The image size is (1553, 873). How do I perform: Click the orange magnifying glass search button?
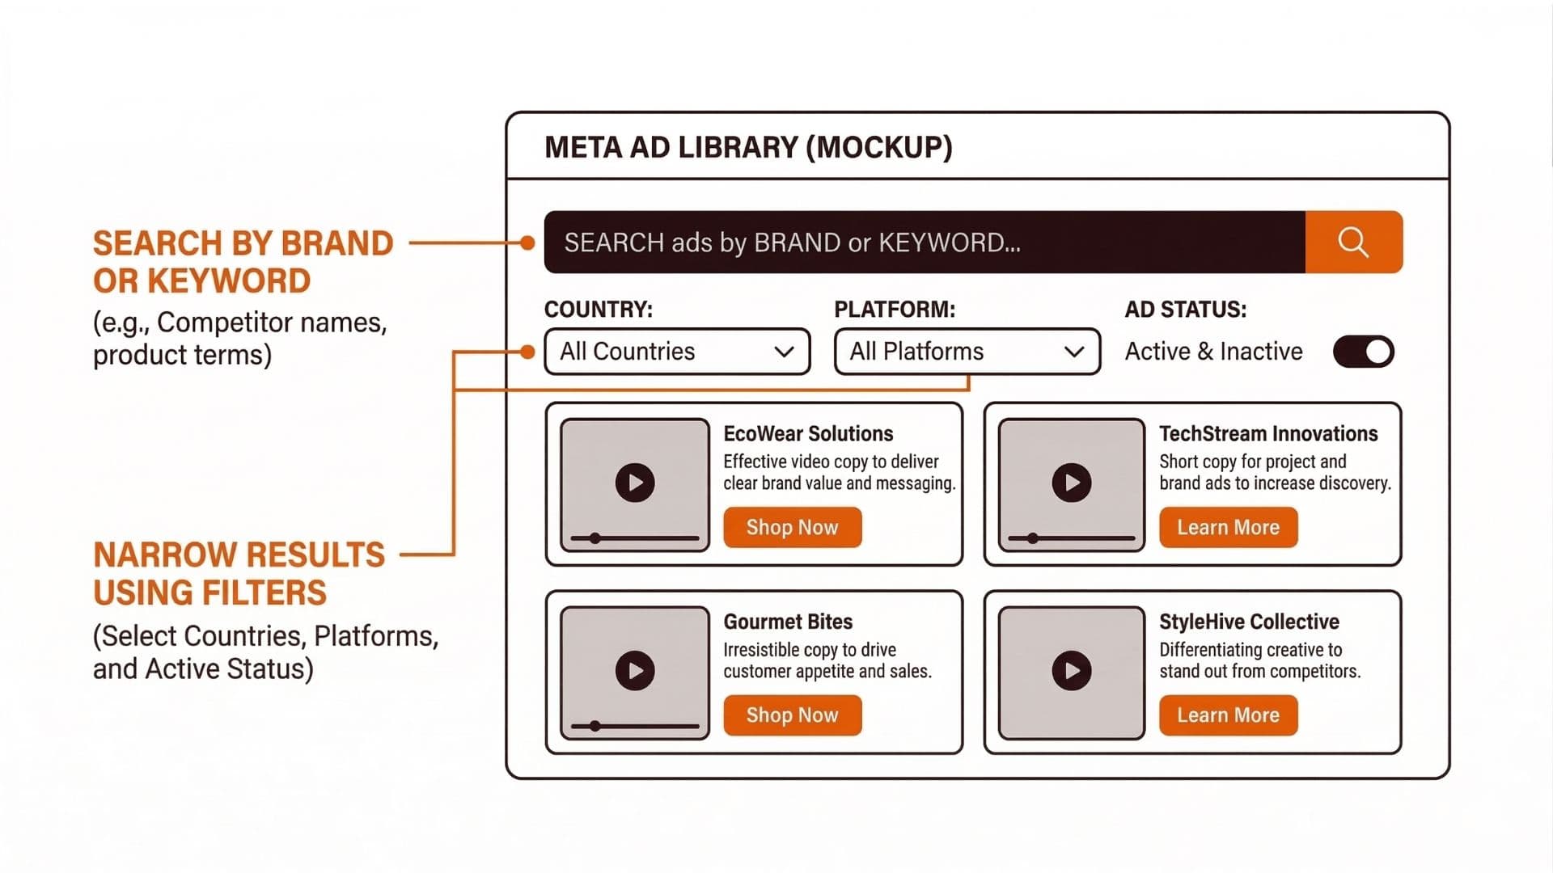pyautogui.click(x=1353, y=242)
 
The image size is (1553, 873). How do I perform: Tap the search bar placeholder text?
pyautogui.click(x=792, y=242)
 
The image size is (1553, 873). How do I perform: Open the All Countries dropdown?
pyautogui.click(x=677, y=352)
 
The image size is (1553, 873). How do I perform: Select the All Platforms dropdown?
pyautogui.click(x=967, y=352)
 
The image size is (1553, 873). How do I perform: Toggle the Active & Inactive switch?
pyautogui.click(x=1363, y=352)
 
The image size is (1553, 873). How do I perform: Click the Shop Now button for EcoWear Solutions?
pyautogui.click(x=792, y=528)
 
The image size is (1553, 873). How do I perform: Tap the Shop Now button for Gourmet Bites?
pyautogui.click(x=792, y=715)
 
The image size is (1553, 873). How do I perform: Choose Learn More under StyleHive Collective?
pyautogui.click(x=1228, y=715)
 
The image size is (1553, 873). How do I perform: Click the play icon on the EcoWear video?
pyautogui.click(x=635, y=483)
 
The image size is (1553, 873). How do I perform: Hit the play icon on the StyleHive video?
pyautogui.click(x=1072, y=671)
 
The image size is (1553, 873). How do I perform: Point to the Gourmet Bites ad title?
pyautogui.click(x=788, y=622)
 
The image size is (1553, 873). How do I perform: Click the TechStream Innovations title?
pyautogui.click(x=1267, y=434)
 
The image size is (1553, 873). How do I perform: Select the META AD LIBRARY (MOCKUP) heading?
pyautogui.click(x=748, y=147)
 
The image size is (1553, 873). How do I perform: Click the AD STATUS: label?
pyautogui.click(x=1185, y=310)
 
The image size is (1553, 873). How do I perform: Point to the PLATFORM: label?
pyautogui.click(x=894, y=310)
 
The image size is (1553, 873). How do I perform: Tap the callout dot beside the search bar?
pyautogui.click(x=527, y=242)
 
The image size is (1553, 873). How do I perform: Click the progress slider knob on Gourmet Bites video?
pyautogui.click(x=595, y=726)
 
